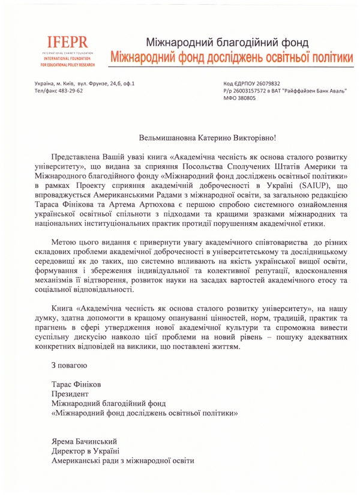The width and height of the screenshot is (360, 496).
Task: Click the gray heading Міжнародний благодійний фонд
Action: pos(227,43)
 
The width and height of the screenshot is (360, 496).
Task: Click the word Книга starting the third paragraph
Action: pos(65,307)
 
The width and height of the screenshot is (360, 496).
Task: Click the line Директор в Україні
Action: pos(85,451)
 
